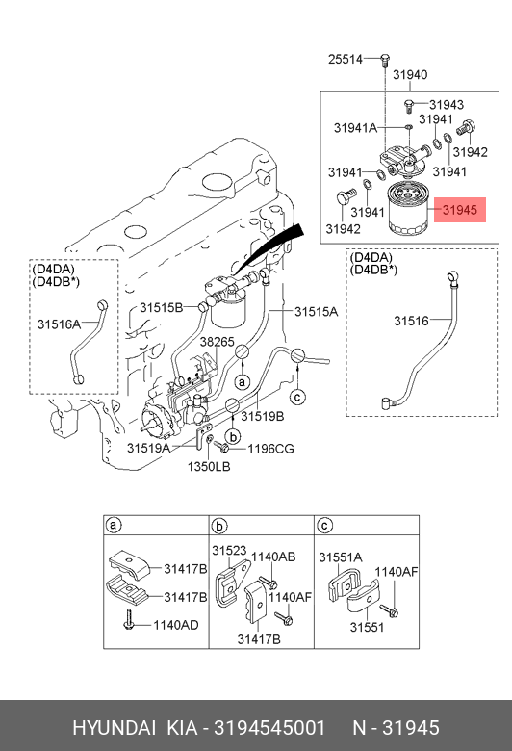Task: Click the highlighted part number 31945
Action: click(x=460, y=210)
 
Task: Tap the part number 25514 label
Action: click(x=346, y=60)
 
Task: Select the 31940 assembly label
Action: click(x=410, y=75)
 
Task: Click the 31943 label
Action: click(x=447, y=104)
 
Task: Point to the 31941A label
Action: click(x=355, y=128)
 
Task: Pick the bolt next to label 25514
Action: click(x=384, y=61)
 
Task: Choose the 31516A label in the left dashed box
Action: click(x=59, y=324)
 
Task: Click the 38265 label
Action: click(x=217, y=342)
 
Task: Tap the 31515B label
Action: click(x=162, y=307)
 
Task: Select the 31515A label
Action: click(x=316, y=312)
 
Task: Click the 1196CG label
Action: click(x=270, y=449)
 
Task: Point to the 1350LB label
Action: click(x=208, y=466)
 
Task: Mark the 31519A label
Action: click(x=148, y=448)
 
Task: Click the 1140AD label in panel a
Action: click(x=176, y=625)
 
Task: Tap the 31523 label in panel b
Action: click(x=229, y=551)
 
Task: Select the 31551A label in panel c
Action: click(x=341, y=557)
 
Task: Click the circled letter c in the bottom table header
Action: click(x=324, y=526)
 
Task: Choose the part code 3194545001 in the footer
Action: click(x=269, y=728)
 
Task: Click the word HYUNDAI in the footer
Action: click(x=114, y=728)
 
